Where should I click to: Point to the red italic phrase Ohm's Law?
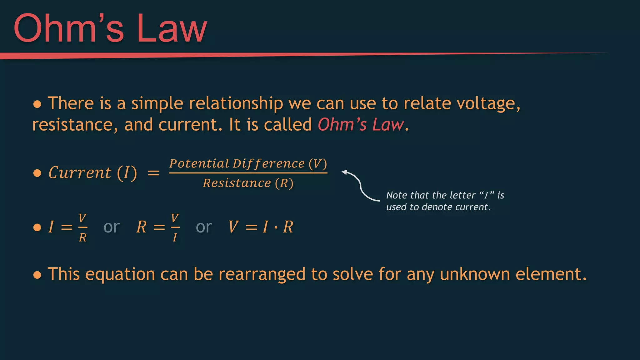click(361, 125)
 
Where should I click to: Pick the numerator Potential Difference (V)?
click(248, 164)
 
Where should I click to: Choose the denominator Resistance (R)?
click(248, 183)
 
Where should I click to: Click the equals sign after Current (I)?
click(153, 173)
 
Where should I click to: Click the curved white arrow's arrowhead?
click(344, 172)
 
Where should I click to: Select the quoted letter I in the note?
click(486, 196)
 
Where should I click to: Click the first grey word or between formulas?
click(112, 227)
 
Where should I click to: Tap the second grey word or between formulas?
click(204, 227)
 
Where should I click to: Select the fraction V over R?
click(82, 227)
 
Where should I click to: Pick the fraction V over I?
click(175, 227)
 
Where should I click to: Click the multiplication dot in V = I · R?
click(276, 227)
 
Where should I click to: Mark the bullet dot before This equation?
click(37, 275)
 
